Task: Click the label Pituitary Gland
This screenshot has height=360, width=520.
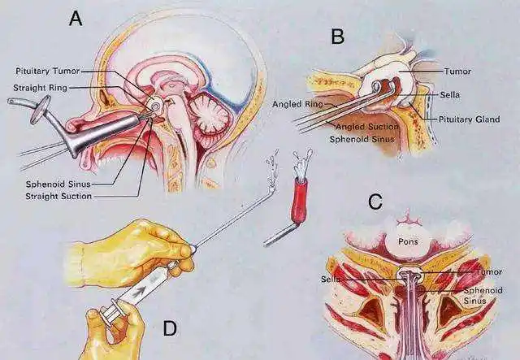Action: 469,119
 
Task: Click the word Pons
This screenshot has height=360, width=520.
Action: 406,241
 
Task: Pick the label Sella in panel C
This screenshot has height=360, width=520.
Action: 331,280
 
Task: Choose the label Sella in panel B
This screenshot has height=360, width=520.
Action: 451,94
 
